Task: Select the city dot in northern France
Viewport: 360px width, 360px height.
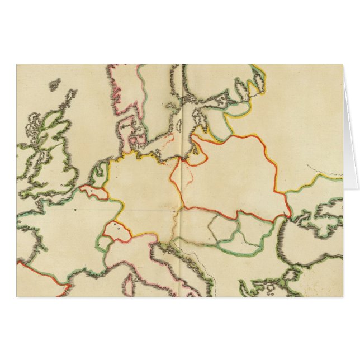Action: (x=74, y=210)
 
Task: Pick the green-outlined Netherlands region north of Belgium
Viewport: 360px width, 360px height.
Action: (x=100, y=177)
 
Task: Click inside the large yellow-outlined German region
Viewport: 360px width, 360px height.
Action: (x=143, y=190)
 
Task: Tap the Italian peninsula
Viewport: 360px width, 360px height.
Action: (x=168, y=268)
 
